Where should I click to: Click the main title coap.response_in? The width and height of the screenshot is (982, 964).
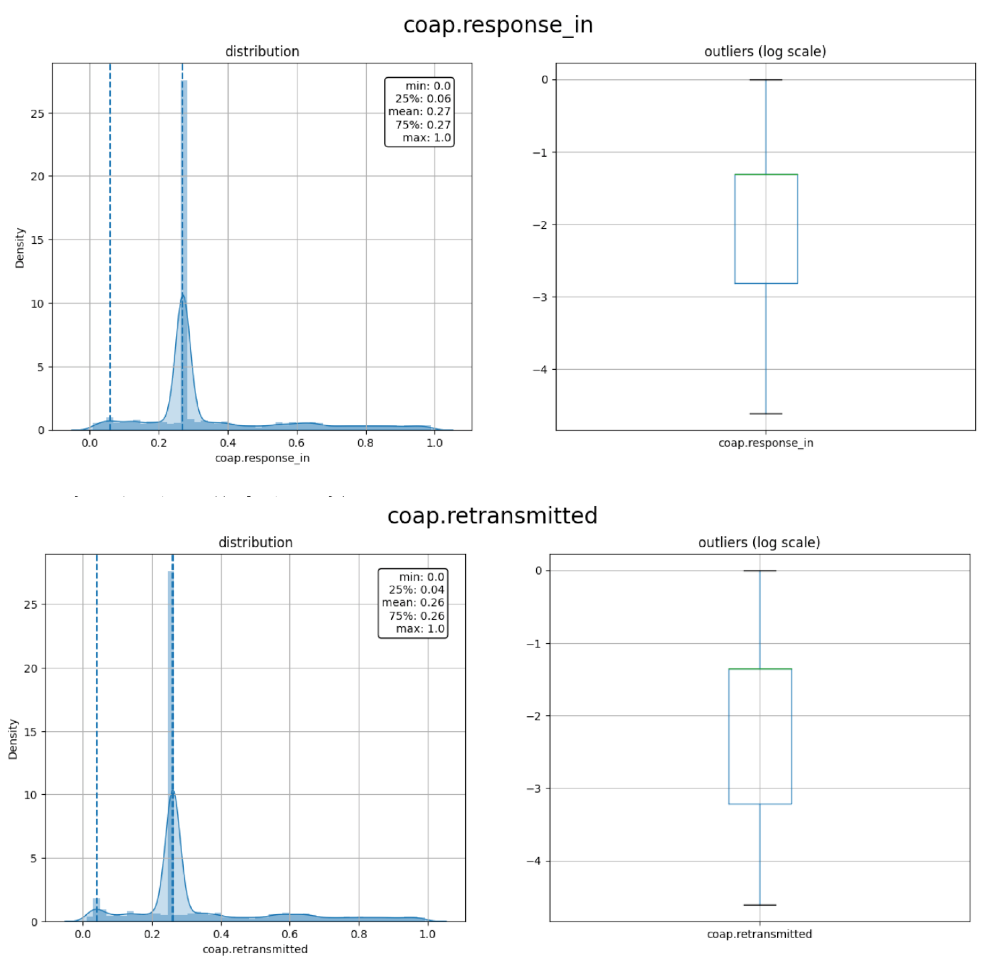coord(498,25)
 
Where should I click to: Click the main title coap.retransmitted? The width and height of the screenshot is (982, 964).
coord(492,515)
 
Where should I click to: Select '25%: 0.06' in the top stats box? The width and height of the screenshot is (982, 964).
coord(422,99)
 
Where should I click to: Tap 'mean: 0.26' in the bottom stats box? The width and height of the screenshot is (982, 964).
coord(413,602)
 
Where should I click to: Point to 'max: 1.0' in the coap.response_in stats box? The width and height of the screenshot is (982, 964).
coord(426,138)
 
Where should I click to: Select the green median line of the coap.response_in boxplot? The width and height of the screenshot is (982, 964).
coord(766,175)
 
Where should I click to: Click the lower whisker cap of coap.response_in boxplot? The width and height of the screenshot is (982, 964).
coord(766,414)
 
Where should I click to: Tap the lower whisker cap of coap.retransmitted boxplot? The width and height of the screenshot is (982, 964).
coord(760,905)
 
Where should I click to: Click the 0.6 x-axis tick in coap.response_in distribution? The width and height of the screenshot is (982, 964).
coord(296,443)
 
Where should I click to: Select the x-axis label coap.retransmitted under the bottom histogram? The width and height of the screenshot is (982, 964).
coord(255,949)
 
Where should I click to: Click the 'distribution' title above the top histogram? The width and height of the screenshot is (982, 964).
coord(262,52)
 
